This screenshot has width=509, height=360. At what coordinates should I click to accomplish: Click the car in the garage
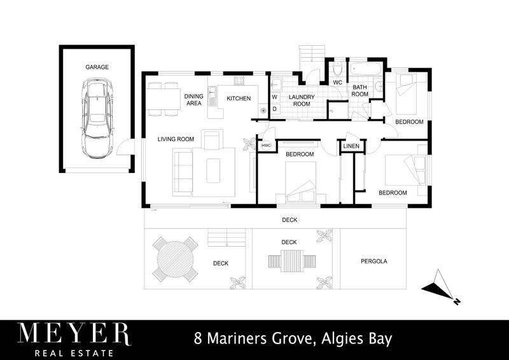[97, 119]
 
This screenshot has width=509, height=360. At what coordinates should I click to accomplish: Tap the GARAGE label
[97, 67]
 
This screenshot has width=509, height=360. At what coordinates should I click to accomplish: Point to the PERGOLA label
[373, 261]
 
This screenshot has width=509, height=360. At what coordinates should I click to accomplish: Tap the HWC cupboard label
[266, 146]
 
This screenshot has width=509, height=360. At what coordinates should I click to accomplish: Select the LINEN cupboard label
[351, 146]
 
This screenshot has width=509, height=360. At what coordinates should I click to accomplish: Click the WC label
[338, 82]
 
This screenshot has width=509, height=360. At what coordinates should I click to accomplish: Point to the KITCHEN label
[239, 99]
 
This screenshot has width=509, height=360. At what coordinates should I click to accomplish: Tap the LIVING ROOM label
[176, 139]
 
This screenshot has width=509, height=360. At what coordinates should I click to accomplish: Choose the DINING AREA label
[193, 99]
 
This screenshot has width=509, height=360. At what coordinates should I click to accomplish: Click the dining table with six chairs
[163, 99]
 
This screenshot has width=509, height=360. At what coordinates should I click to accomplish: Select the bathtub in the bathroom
[364, 68]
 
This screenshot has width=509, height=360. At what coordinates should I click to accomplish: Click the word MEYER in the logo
[73, 334]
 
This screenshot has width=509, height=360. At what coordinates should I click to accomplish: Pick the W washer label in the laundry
[275, 97]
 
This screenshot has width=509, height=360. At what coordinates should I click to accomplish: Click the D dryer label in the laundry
[275, 109]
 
